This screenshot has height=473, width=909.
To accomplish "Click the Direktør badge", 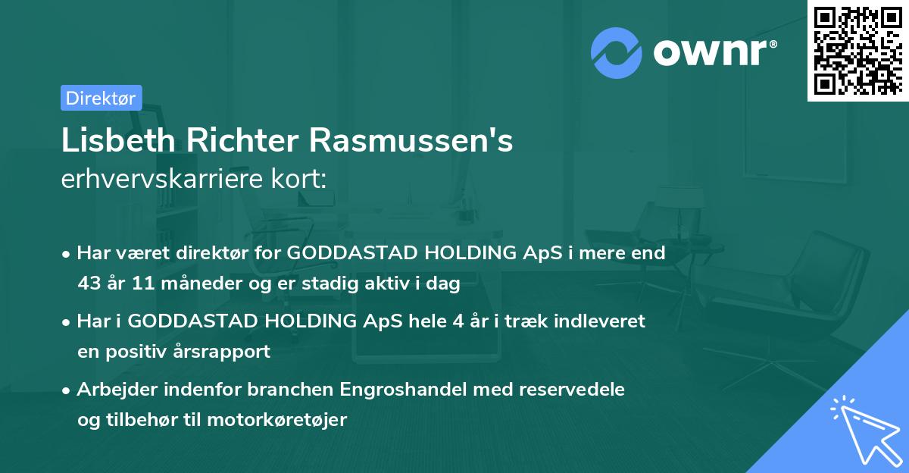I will [101, 98].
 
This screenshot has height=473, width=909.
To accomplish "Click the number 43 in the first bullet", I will [88, 284].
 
